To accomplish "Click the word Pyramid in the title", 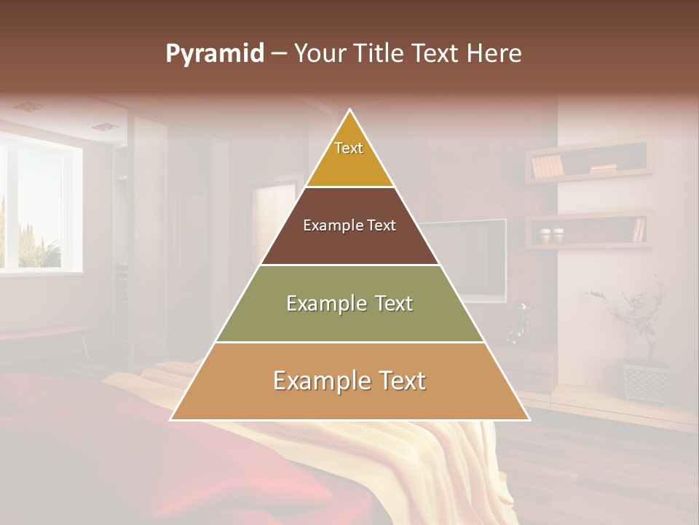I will (x=214, y=54).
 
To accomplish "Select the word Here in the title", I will (x=494, y=53).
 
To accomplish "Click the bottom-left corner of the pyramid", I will (x=172, y=419).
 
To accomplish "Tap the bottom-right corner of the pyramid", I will (x=528, y=419).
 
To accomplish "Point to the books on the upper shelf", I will (x=548, y=167).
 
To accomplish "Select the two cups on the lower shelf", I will (x=552, y=236).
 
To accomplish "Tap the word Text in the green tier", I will (x=390, y=303).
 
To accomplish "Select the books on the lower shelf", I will (x=639, y=230).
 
